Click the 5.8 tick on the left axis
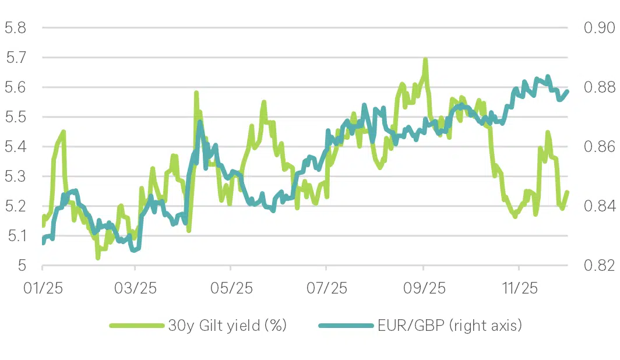coord(15,27)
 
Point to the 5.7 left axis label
coord(15,57)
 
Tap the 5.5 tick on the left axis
coord(15,117)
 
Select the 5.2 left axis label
coord(15,206)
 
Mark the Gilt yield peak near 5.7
coord(425,60)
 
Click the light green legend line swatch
coord(136,325)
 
